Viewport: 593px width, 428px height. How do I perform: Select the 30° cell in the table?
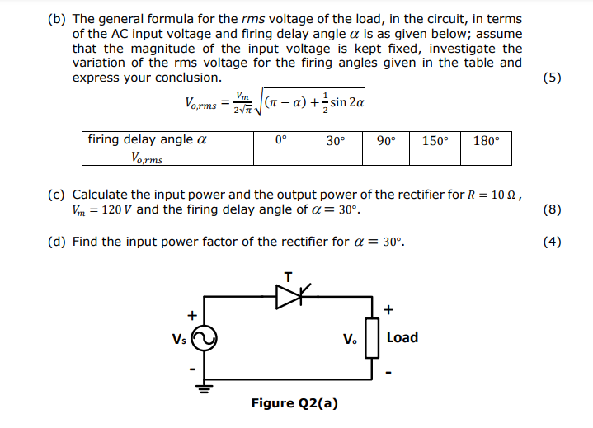[335, 140]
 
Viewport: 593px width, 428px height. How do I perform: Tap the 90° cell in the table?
[385, 140]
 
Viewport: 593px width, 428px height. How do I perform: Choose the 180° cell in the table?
[487, 140]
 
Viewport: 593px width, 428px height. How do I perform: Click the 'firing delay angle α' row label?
[147, 139]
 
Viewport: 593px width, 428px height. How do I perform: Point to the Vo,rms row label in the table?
[147, 157]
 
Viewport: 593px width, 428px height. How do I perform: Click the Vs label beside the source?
[179, 338]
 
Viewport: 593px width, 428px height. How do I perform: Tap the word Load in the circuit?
[402, 337]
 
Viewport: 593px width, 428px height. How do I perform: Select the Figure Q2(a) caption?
[294, 402]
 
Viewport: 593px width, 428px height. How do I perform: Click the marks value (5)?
[553, 78]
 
